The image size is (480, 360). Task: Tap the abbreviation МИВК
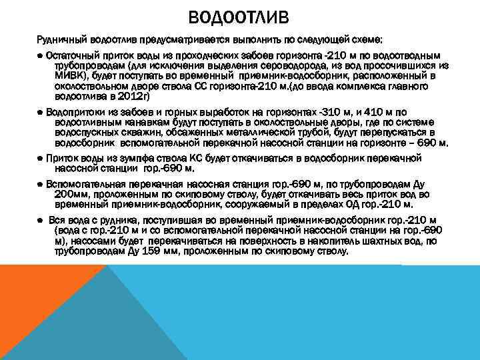coord(67,76)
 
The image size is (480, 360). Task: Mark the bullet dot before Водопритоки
coord(41,112)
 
